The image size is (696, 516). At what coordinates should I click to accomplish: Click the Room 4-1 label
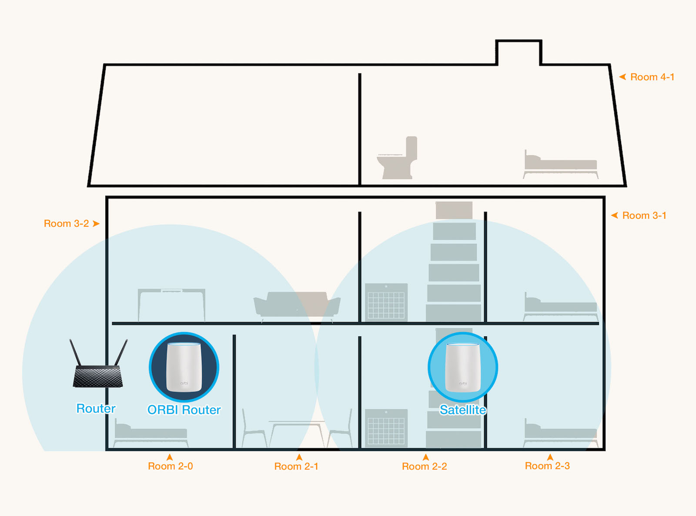click(x=652, y=77)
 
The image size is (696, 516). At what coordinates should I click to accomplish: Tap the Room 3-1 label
click(x=644, y=215)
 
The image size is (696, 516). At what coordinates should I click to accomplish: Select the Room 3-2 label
click(x=66, y=224)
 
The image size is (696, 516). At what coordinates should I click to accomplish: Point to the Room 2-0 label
click(x=170, y=466)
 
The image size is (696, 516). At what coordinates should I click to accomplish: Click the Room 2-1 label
click(x=296, y=466)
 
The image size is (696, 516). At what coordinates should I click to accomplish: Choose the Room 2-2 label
click(x=424, y=466)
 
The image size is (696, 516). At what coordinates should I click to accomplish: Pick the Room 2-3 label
click(x=547, y=466)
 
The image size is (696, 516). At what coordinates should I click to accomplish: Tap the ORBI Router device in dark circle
click(x=184, y=367)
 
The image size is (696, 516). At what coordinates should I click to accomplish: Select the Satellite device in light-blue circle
click(x=463, y=367)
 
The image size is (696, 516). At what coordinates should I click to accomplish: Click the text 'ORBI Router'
click(x=184, y=410)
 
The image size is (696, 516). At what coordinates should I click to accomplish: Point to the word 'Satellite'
click(x=463, y=410)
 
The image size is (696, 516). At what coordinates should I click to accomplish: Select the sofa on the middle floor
click(x=297, y=305)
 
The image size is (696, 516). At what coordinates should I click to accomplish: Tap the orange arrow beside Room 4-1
click(x=622, y=77)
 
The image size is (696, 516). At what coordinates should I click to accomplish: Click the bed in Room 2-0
click(x=151, y=433)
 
